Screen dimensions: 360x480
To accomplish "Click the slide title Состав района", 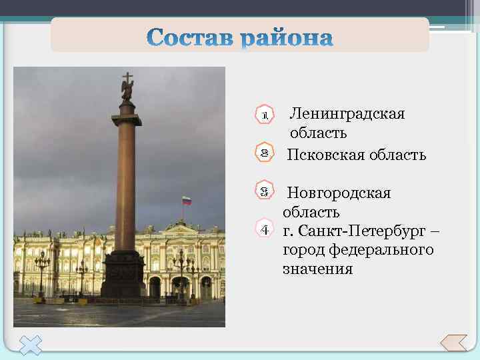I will [x=240, y=37].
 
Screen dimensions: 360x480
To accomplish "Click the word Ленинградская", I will [x=347, y=113].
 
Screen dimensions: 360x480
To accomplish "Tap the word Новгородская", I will [x=339, y=193].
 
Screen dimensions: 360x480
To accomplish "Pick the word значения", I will [x=317, y=269].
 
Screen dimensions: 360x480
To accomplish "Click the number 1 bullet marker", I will [x=265, y=115].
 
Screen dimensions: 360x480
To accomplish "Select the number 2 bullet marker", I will [x=265, y=153].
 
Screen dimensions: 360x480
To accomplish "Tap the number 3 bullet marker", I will [x=265, y=191].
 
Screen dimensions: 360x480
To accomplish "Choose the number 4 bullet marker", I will [x=265, y=230].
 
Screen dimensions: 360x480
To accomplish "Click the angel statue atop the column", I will [x=127, y=87].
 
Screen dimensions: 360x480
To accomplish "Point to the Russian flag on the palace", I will [x=187, y=201].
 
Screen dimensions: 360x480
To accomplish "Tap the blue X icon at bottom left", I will [x=30, y=344].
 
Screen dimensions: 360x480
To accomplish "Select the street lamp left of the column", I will [x=42, y=273].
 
